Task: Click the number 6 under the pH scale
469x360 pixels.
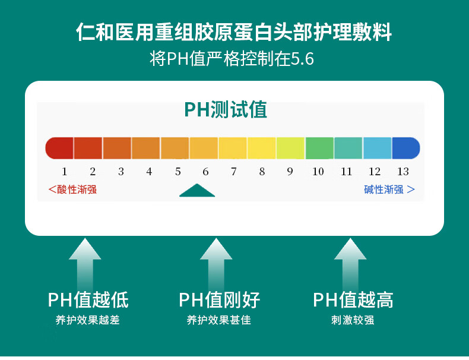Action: [205, 172]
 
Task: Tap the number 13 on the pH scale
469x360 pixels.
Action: [403, 172]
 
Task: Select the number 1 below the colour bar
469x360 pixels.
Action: [64, 172]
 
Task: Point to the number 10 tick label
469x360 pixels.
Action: [318, 172]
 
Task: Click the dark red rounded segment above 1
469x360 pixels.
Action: [59, 148]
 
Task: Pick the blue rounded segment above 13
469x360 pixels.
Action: [406, 148]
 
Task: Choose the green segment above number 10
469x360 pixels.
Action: [319, 148]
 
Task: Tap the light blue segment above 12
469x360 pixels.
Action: [377, 148]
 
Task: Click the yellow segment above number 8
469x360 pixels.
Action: [261, 148]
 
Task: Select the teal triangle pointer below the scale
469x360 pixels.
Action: [197, 191]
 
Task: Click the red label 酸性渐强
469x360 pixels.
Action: [72, 190]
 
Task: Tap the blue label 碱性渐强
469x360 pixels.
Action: [389, 190]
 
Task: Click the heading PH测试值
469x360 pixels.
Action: [226, 109]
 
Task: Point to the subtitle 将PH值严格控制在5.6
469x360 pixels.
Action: [232, 58]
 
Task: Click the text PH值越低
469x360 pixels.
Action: [88, 300]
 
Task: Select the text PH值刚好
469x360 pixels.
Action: [219, 300]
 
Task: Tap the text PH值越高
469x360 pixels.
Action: [353, 300]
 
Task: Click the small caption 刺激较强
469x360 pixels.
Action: [353, 320]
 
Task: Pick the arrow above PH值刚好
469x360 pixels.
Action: [216, 263]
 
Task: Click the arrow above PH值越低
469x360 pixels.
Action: [85, 263]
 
